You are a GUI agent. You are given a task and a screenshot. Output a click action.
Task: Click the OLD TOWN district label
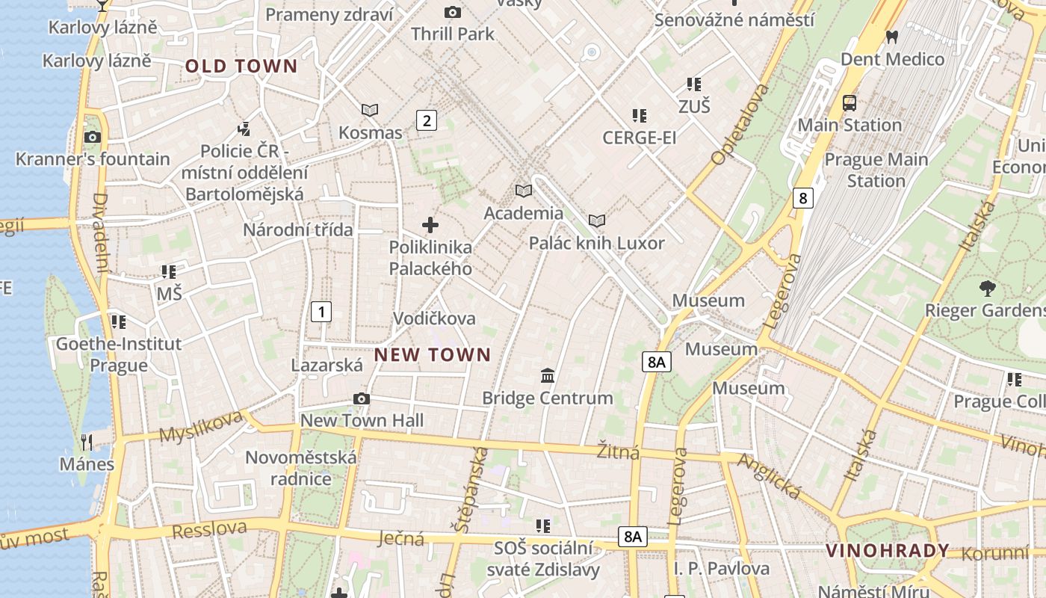point(241,66)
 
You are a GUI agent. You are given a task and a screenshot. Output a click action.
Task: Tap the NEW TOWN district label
point(433,354)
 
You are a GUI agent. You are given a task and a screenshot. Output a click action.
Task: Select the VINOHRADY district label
point(887,552)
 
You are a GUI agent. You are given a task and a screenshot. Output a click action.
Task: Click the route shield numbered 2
point(426,120)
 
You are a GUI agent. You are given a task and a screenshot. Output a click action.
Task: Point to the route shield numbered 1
point(321,311)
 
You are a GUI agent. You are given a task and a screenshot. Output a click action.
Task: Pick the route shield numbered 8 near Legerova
point(802,198)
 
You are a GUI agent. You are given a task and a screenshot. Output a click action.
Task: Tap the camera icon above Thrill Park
point(452,12)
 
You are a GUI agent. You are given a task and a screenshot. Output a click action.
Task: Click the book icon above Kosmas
point(370,110)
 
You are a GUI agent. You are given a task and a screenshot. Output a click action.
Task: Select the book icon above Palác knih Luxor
point(596,221)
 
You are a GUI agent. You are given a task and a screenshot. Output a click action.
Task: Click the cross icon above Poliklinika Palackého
point(430,224)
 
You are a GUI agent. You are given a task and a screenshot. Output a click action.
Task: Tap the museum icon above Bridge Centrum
point(548,374)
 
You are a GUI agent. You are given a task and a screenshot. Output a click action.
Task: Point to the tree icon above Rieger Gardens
point(987,288)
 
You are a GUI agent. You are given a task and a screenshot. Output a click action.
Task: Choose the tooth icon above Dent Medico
point(891,36)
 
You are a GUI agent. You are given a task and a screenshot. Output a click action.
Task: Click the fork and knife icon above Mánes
point(87,442)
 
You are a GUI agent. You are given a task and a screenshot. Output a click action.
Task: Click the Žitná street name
point(618,452)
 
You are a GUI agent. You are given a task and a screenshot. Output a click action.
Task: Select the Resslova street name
point(209,528)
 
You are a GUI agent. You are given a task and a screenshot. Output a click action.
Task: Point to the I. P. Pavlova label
point(721,568)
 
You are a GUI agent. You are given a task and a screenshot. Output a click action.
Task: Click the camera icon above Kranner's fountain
point(93,137)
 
